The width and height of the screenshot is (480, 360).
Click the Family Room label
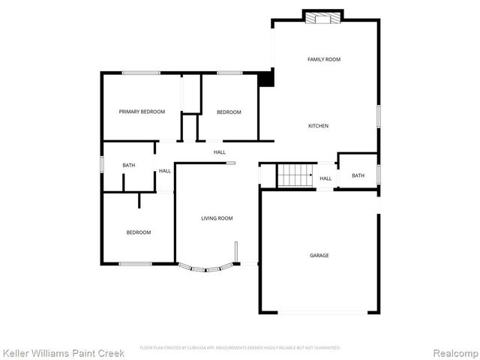[324, 58]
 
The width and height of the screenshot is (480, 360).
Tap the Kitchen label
[318, 126]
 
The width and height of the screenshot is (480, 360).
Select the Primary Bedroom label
[142, 112]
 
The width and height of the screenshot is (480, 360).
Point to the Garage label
[319, 255]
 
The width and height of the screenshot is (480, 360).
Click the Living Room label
[217, 218]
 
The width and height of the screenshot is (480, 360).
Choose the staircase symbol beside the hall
[295, 176]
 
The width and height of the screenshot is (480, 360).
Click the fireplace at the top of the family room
[323, 16]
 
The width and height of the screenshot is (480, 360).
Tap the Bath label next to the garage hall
[358, 175]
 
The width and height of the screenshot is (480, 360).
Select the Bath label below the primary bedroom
[129, 166]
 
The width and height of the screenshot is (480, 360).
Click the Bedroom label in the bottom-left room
[138, 232]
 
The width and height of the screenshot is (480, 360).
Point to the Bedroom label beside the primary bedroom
[229, 112]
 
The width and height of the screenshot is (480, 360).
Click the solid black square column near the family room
[265, 79]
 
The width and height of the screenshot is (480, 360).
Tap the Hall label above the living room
[219, 152]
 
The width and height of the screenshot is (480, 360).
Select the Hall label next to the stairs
[325, 178]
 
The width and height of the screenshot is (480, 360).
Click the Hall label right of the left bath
[164, 171]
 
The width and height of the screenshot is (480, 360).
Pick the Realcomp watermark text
[454, 352]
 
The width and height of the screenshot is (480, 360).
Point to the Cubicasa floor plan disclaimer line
[240, 347]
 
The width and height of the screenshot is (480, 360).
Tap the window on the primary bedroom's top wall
[141, 72]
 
